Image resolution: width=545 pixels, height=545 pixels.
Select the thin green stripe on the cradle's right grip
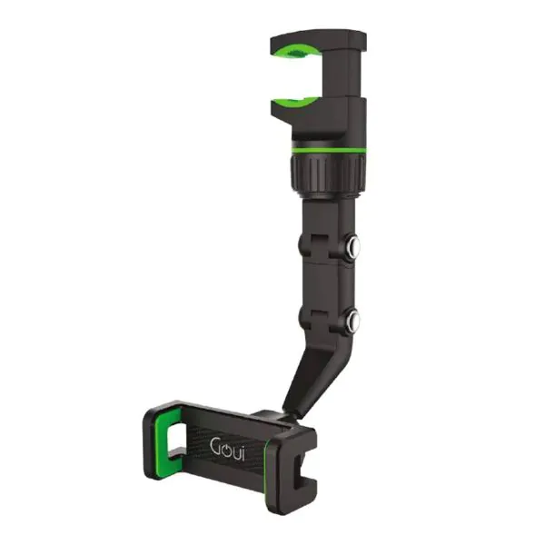tap(269, 463)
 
